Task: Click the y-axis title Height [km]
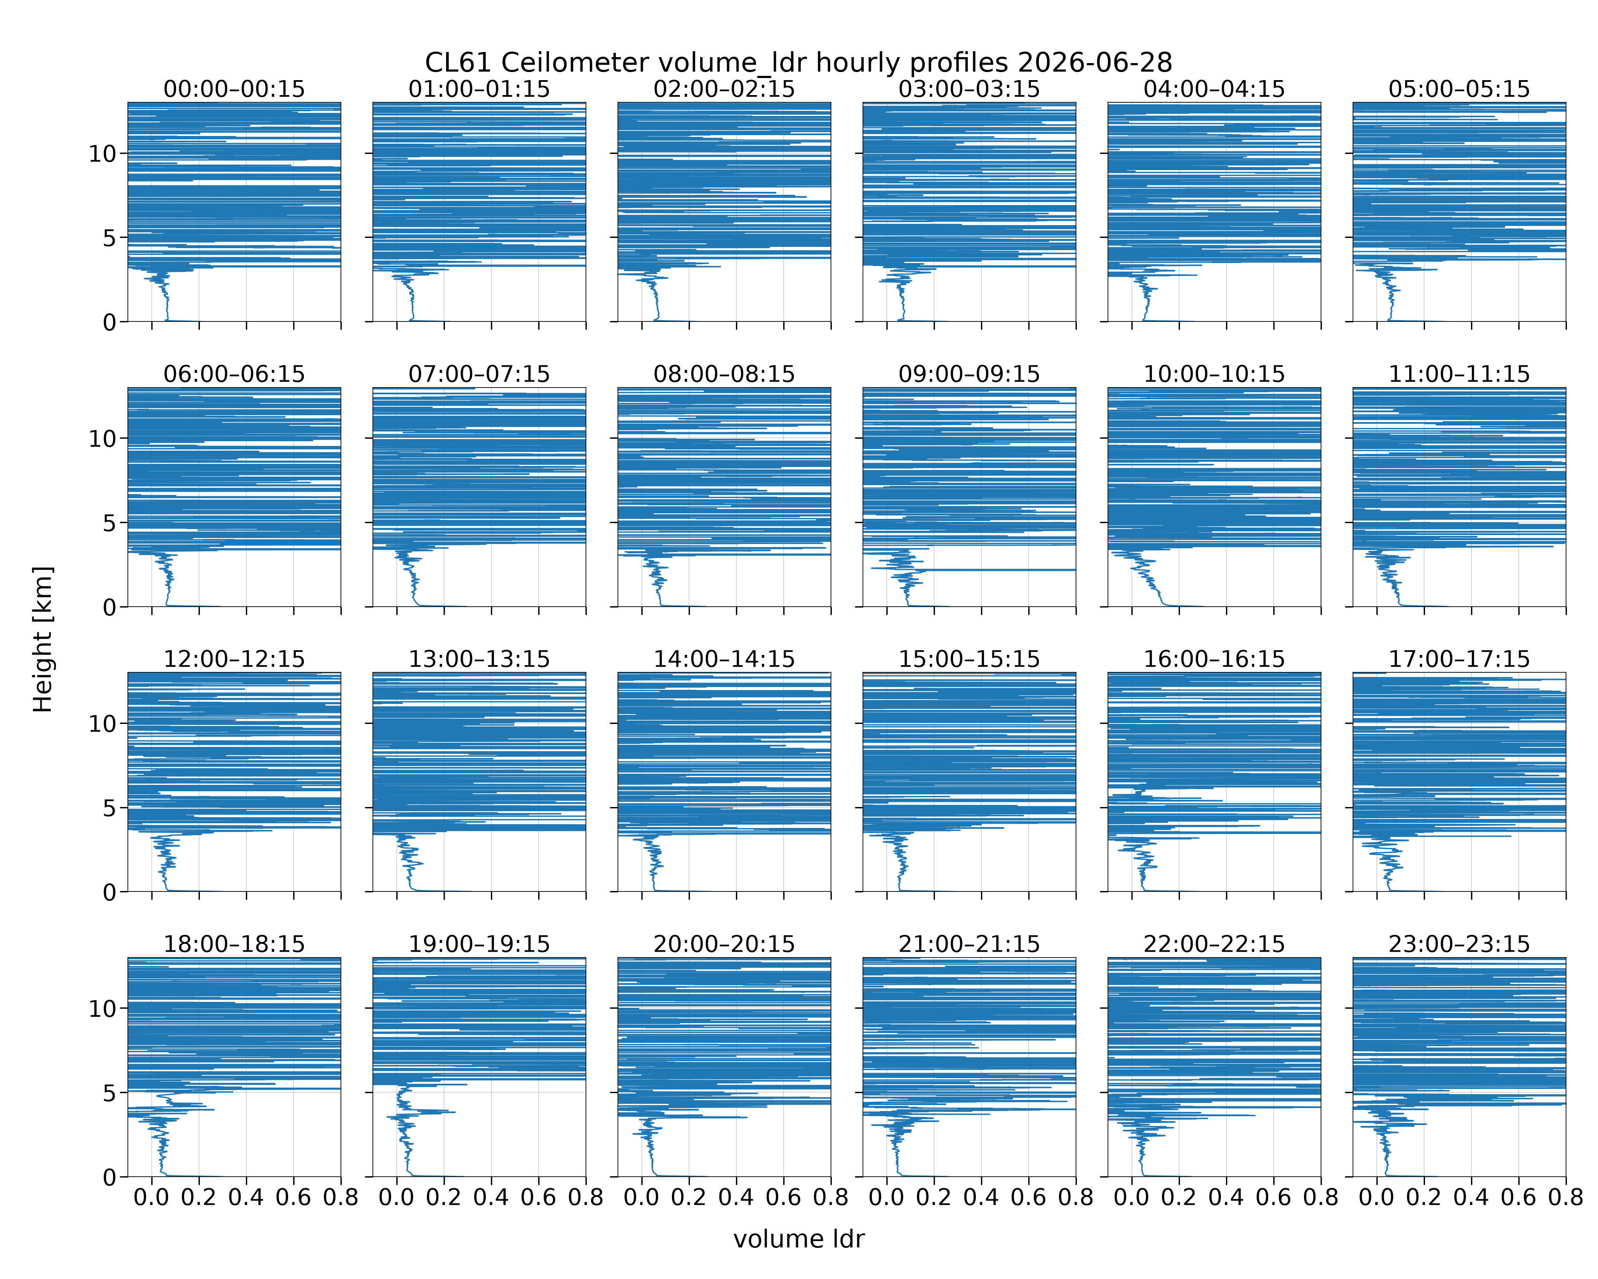(x=43, y=639)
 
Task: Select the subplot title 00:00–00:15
(x=234, y=89)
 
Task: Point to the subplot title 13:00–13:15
(x=479, y=659)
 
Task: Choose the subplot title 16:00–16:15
(x=1214, y=659)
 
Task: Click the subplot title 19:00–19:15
(x=479, y=944)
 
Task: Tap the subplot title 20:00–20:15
(x=724, y=944)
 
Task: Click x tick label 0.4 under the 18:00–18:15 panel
(x=246, y=1198)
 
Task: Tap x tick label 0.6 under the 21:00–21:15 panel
(x=1028, y=1198)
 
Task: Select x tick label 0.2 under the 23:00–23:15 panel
(x=1424, y=1198)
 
